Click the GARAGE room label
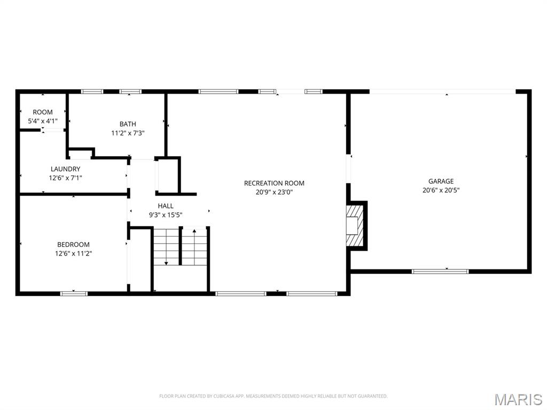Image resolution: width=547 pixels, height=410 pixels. pos(441,181)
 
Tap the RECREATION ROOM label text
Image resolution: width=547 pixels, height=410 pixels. pos(274,183)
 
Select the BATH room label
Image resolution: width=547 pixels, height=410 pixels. pos(128,124)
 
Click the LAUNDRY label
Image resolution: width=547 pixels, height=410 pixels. pos(65,169)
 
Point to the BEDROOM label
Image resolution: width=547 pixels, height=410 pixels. pos(73,245)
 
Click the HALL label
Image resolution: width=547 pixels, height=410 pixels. pos(165,206)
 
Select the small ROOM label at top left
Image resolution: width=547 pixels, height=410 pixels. pos(43,112)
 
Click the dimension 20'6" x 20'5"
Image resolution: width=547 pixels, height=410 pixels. pos(441,190)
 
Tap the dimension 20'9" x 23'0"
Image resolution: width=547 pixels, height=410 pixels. pos(274,192)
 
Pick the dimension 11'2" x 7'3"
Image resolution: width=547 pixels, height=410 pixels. pos(128,133)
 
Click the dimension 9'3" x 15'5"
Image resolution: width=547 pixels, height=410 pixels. pos(165,215)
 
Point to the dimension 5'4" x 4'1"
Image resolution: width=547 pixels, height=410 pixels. pos(43,121)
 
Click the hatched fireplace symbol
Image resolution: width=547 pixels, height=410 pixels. pos(354,225)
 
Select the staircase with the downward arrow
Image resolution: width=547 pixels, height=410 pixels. pos(166,246)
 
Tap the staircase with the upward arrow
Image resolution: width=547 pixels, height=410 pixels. pos(194,246)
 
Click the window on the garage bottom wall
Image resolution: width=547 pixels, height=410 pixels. pos(440,271)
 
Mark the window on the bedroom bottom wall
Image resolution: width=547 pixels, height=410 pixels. pos(74,293)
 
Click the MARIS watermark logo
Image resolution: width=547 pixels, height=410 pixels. pos(518,399)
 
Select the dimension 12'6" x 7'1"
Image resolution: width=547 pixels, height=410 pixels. pos(65,178)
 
